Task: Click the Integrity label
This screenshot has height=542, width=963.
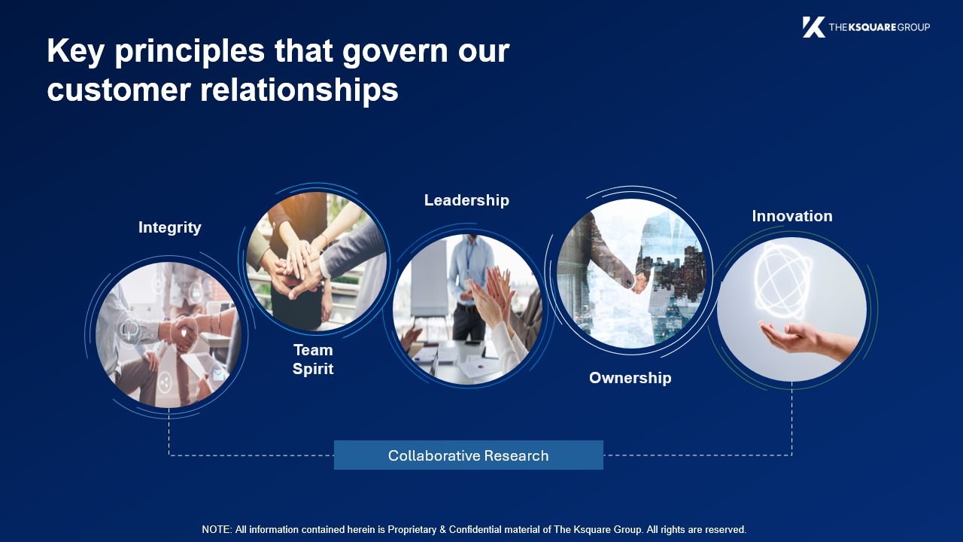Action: pos(170,227)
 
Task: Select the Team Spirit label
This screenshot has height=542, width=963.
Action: pos(313,360)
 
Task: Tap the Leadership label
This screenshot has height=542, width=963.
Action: pos(467,200)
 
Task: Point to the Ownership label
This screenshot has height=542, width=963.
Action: pos(630,378)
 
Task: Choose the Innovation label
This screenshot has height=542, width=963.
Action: pos(792,216)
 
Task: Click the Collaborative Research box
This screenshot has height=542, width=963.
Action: pos(469,455)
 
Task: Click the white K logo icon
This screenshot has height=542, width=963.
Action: pos(813,27)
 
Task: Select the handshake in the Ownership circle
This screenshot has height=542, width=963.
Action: pos(639,283)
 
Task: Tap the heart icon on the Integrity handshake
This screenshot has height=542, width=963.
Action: pos(184,333)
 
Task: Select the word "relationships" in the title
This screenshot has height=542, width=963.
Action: pos(299,90)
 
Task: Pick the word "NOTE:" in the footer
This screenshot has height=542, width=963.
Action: pos(217,529)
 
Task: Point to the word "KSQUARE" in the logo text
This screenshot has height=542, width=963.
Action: pos(872,27)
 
